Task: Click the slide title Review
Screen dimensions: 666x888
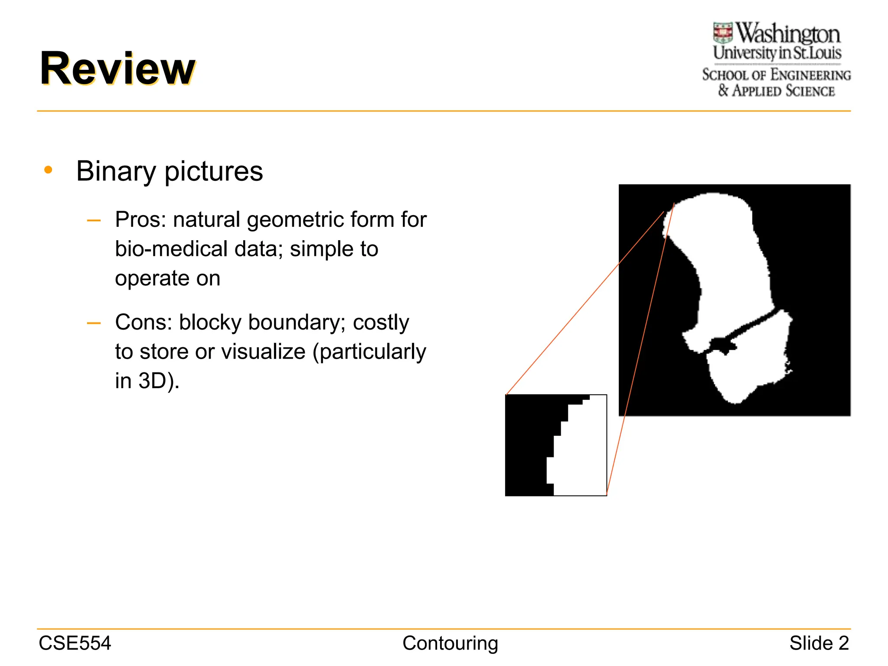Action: [118, 69]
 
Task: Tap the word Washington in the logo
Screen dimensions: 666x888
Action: [788, 34]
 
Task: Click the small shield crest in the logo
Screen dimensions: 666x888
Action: [723, 33]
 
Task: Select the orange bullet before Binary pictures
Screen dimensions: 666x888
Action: [48, 170]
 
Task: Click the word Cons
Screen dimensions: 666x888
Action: [144, 322]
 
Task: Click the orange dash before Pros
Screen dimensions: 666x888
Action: [94, 220]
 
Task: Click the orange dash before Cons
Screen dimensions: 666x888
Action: [94, 323]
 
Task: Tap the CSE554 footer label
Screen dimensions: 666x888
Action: [75, 643]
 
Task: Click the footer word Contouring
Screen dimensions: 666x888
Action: [450, 643]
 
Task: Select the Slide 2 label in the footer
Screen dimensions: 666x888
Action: [819, 643]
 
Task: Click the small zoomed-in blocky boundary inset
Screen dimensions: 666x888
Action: [556, 445]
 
